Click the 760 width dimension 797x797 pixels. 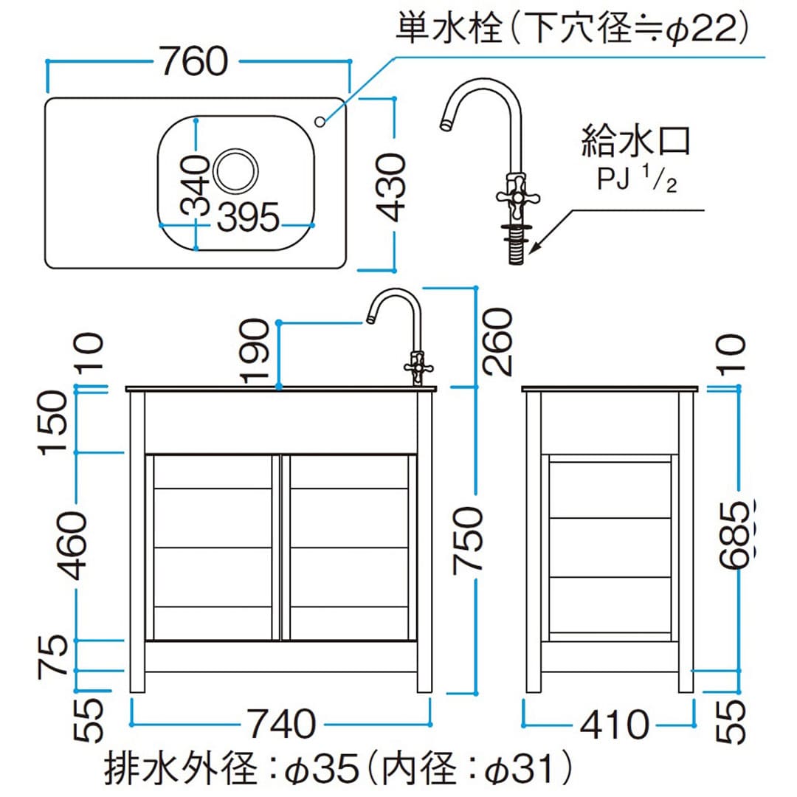coord(195,61)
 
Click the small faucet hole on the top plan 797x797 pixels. coord(321,121)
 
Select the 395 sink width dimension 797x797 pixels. coord(249,218)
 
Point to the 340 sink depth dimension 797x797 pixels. coord(196,184)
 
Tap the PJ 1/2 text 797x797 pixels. coord(637,180)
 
